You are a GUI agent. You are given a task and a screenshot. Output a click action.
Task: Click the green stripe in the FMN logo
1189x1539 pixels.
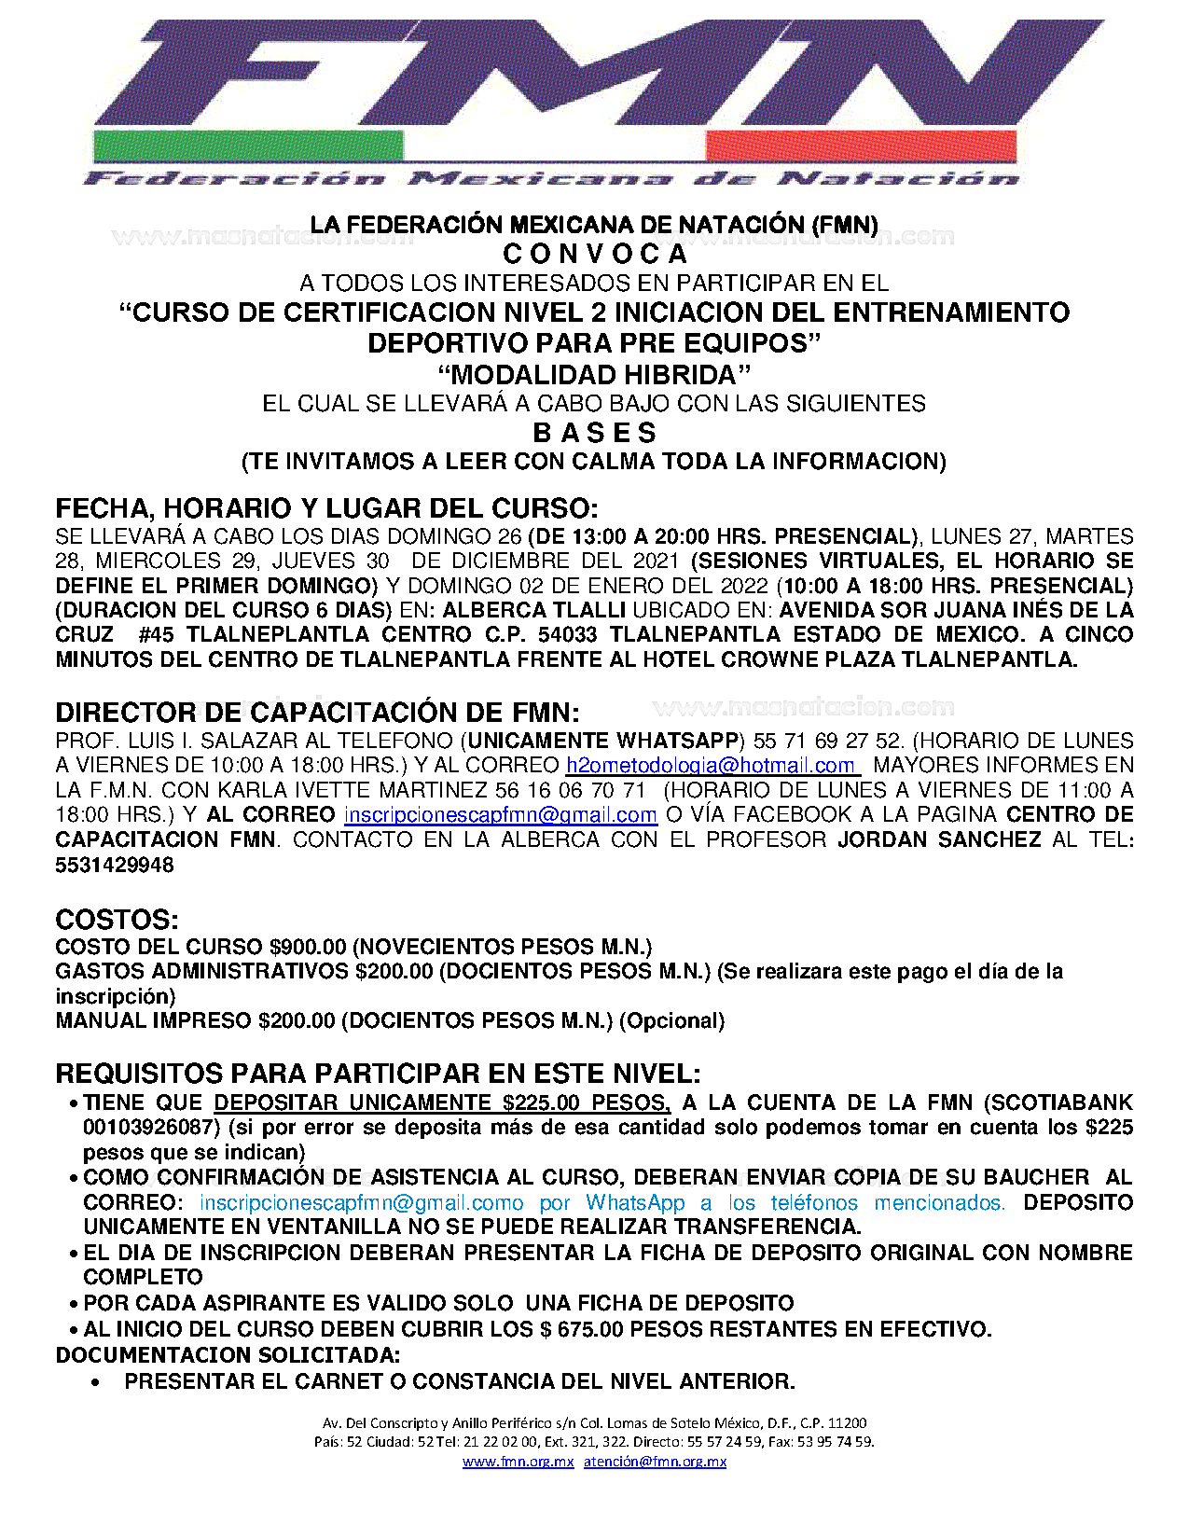[248, 146]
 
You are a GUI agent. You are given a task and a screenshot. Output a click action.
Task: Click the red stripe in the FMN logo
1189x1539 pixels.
[860, 146]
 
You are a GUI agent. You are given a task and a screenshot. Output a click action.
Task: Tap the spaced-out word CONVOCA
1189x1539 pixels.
[595, 254]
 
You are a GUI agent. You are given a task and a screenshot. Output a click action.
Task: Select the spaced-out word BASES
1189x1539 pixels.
[595, 433]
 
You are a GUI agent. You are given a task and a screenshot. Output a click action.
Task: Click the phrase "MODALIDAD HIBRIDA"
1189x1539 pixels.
[594, 375]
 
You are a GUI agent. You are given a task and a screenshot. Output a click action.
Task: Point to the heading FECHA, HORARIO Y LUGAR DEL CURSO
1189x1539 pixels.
[326, 508]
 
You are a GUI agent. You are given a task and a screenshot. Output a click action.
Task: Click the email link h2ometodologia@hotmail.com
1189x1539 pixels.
[711, 766]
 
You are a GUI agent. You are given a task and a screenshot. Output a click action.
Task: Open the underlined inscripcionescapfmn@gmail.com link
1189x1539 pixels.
[501, 815]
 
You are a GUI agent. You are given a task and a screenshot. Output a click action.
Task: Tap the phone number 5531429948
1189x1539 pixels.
[115, 865]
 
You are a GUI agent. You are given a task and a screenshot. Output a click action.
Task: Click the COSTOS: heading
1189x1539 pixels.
[117, 920]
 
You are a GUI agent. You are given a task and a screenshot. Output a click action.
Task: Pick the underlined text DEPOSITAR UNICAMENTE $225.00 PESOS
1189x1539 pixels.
[442, 1103]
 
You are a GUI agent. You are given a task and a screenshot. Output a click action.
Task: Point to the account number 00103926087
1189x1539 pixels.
[150, 1128]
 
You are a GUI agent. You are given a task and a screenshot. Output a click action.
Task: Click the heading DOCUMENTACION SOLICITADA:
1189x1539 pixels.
[228, 1355]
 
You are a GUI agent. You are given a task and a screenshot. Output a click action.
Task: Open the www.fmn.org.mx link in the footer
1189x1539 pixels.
[518, 1462]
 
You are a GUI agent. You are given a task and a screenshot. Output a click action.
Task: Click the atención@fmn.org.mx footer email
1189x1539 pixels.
[655, 1462]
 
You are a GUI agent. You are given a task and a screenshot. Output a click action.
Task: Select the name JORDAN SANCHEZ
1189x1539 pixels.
[939, 839]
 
